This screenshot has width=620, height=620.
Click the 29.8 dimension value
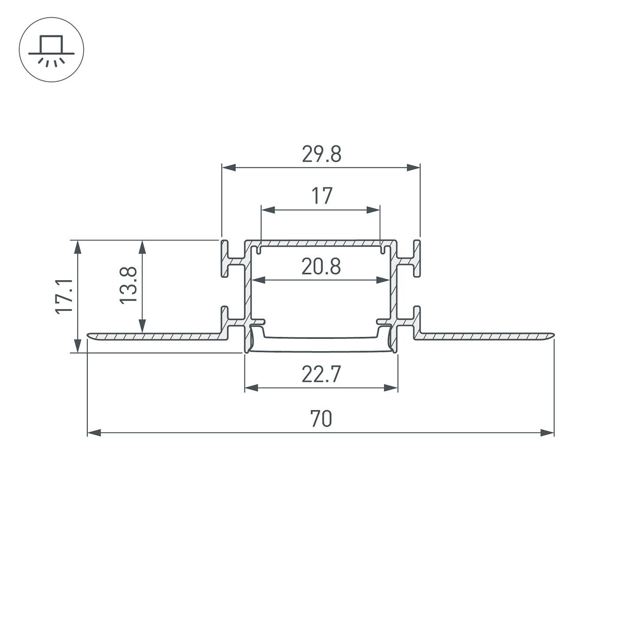tap(322, 155)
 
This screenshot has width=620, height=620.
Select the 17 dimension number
tap(322, 196)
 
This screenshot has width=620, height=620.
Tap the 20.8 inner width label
tap(321, 267)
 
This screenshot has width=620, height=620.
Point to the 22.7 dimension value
tap(321, 375)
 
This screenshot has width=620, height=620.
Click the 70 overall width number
tap(321, 419)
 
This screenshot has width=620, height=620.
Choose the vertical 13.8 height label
tap(128, 285)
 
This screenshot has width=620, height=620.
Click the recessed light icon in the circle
tap(51, 50)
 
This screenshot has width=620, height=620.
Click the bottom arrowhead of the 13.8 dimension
tap(142, 326)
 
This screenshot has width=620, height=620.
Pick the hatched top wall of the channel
tap(321, 243)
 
